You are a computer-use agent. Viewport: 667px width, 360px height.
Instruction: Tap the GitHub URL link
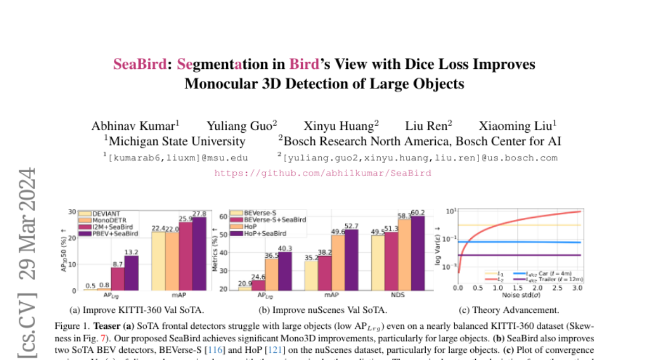tap(322, 173)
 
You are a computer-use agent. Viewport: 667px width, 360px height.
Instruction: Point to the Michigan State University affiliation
tap(174, 141)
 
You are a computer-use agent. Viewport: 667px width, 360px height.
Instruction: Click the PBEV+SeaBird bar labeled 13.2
tap(131, 273)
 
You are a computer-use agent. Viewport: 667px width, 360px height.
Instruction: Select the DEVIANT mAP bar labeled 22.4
tap(158, 261)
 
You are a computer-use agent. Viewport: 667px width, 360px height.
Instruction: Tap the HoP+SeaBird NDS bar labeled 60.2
tap(417, 253)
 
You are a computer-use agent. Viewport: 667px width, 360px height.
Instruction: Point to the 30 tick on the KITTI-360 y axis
tap(72, 212)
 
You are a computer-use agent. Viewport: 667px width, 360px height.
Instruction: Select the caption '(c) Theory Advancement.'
tap(509, 310)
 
